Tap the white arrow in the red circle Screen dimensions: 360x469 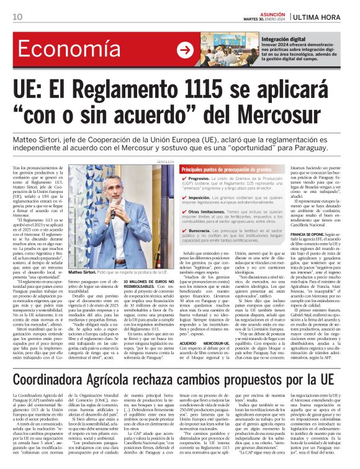pos(184,50)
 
